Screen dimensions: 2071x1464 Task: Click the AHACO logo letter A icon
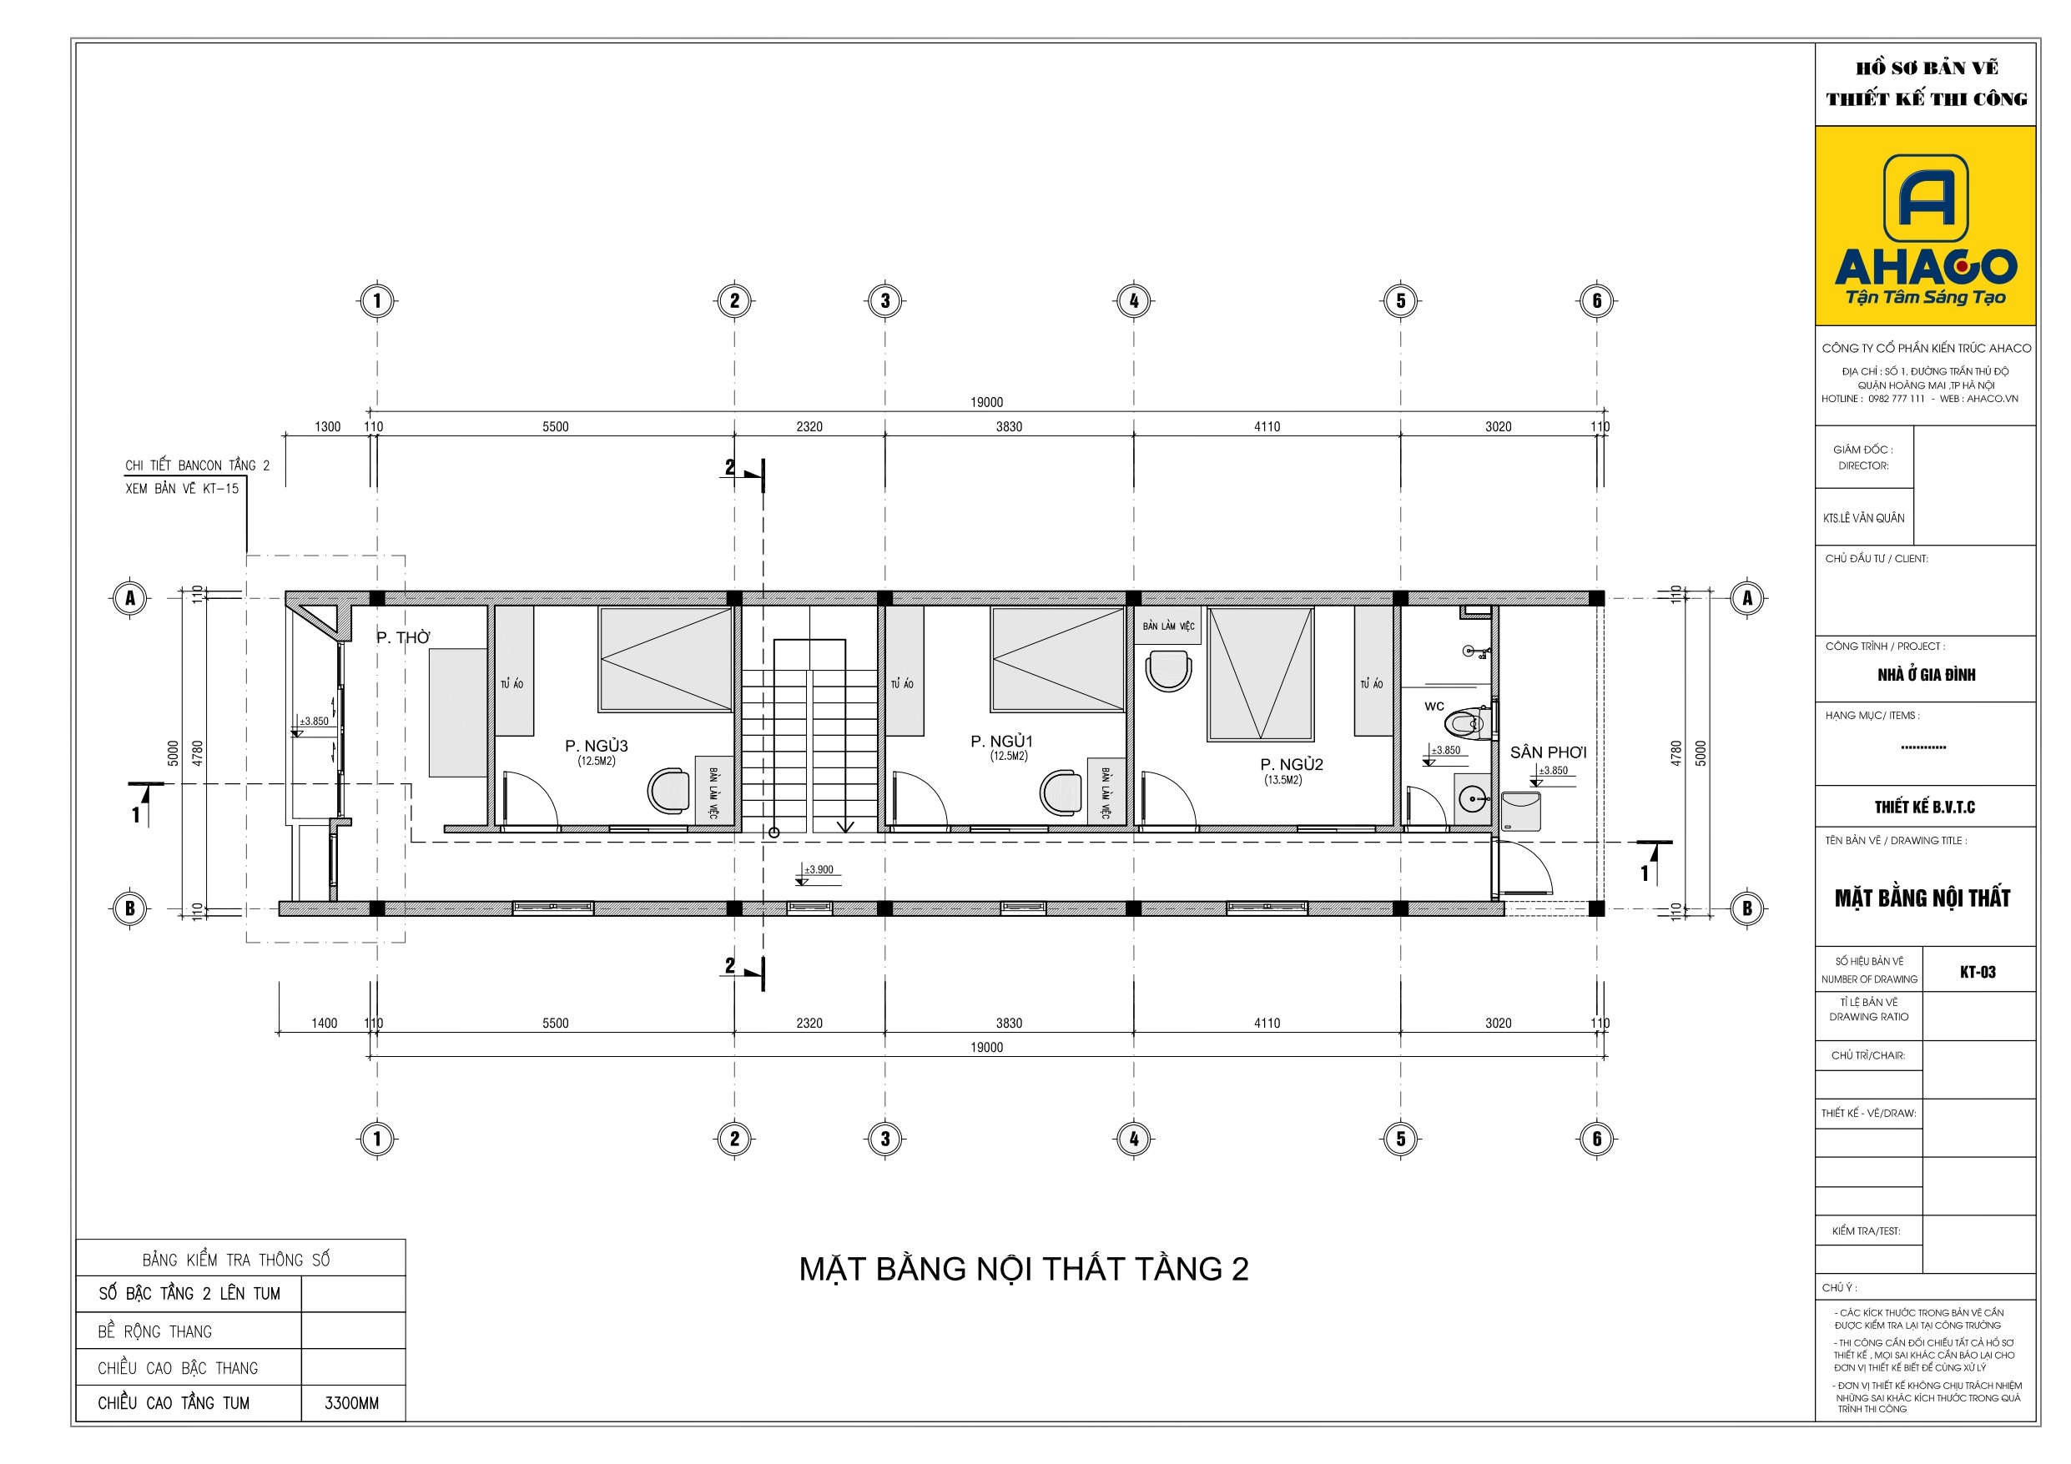1926,198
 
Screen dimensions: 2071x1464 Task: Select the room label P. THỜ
403,638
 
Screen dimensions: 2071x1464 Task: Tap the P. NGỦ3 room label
597,746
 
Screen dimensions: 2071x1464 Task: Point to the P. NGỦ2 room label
1292,765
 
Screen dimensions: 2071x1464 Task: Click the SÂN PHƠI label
1548,752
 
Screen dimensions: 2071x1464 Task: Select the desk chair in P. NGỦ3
668,791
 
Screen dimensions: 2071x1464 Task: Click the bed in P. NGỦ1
1057,661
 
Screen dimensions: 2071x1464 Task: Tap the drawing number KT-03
1978,973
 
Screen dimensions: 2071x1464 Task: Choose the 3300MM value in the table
352,1404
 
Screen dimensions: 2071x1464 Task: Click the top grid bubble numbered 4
1134,301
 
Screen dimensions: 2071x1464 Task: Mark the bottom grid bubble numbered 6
1596,1139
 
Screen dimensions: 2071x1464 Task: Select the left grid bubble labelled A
130,598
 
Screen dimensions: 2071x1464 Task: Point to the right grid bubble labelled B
1747,908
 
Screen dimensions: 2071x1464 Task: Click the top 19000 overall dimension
987,402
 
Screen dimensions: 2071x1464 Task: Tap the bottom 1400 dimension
325,1023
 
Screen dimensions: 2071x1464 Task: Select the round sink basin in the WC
1473,799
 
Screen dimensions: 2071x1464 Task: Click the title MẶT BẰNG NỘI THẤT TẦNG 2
1024,1269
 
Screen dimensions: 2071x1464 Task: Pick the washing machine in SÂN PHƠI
1521,812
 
